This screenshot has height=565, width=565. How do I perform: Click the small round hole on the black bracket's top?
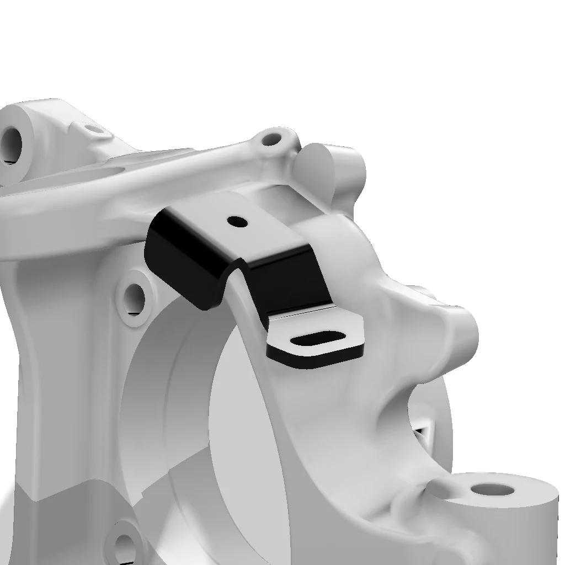click(x=238, y=221)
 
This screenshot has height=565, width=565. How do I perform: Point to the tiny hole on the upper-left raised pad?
click(x=94, y=130)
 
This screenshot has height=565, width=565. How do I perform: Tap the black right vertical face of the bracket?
click(x=287, y=284)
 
